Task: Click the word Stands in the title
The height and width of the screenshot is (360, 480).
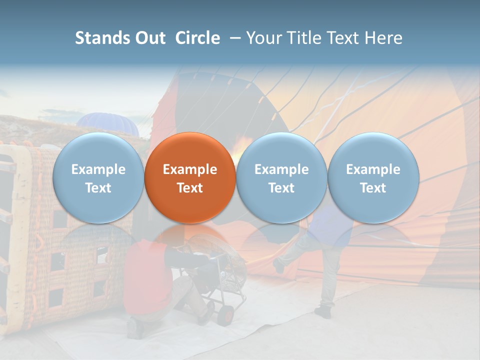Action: pos(103,38)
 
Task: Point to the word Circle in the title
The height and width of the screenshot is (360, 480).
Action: pos(197,38)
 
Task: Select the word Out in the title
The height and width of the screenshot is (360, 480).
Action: pos(149,38)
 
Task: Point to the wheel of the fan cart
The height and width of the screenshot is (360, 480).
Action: pos(226,314)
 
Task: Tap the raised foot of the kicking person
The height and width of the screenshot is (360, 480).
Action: pos(279,265)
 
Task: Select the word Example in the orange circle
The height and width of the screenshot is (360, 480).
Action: pos(190,169)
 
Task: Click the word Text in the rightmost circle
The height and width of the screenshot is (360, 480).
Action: pos(373,188)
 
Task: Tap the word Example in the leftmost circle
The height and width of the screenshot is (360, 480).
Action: pos(98,169)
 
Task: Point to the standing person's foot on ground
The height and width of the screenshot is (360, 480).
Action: pos(322,312)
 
